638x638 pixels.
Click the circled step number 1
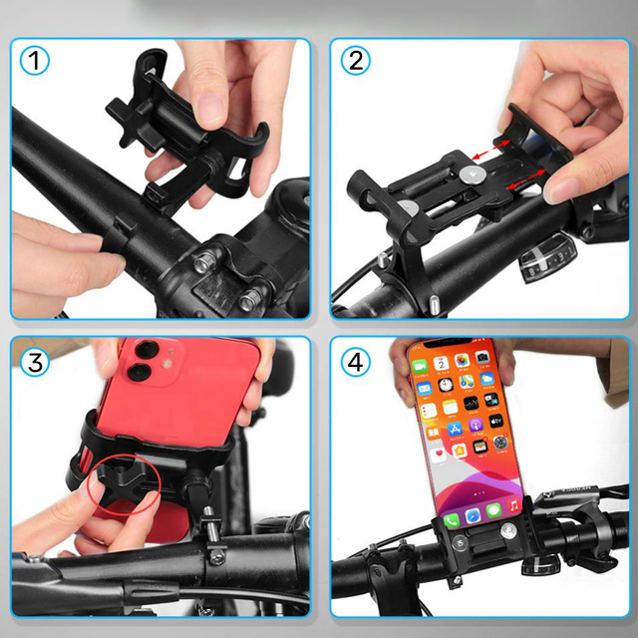36,62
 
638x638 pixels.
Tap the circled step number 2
356,62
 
